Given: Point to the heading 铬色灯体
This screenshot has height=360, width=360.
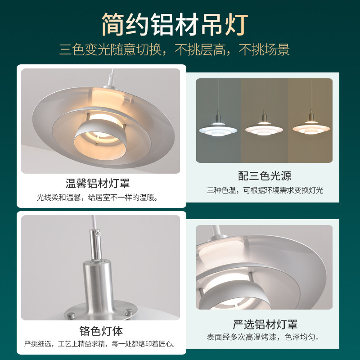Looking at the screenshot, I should pos(100,331).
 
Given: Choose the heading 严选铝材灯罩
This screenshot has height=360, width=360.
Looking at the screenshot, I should pos(265,324).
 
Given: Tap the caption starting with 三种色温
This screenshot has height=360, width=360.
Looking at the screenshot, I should pos(265,190).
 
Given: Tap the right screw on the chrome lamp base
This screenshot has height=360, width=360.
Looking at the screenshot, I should pos(127,311).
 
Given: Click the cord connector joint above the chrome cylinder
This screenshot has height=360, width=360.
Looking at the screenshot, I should pos(96,234).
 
